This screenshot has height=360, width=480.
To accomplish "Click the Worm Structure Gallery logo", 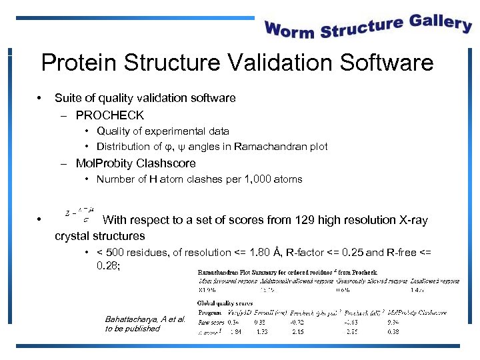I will [x=368, y=27].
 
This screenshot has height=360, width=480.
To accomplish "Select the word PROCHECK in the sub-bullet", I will [x=110, y=115].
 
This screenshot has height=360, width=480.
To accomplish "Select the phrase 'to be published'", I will [x=133, y=329].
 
